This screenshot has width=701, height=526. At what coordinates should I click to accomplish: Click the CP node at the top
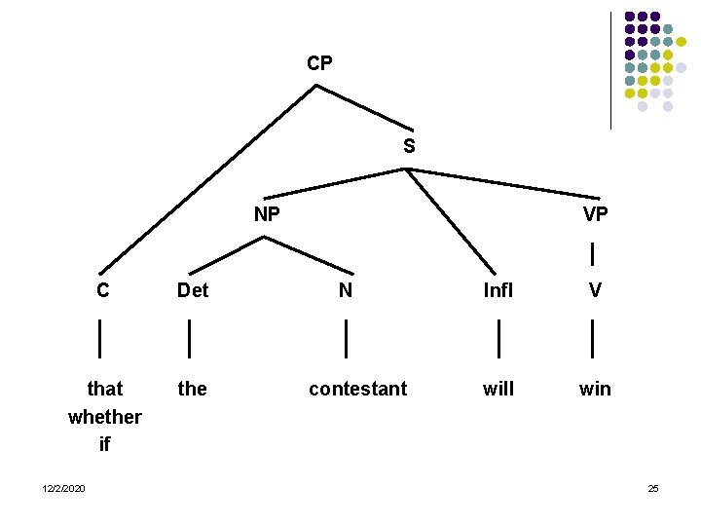[x=319, y=64]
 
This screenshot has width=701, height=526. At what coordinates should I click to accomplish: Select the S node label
[x=409, y=147]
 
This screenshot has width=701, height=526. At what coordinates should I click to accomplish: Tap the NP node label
[x=267, y=214]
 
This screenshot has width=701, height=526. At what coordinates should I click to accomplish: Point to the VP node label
[x=596, y=214]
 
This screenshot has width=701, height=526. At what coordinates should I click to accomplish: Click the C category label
[x=102, y=289]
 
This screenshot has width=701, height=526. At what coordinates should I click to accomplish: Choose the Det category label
[x=193, y=289]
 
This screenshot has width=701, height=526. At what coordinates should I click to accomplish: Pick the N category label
[x=346, y=289]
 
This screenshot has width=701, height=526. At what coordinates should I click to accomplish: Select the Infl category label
[x=498, y=289]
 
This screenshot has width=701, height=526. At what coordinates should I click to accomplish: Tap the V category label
[x=595, y=289]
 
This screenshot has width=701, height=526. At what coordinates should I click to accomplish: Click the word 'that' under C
[x=105, y=389]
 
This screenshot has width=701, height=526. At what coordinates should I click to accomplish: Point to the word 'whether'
[x=105, y=417]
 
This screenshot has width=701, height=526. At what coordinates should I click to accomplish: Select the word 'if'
[x=105, y=445]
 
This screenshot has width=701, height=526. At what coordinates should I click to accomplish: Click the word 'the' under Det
[x=193, y=389]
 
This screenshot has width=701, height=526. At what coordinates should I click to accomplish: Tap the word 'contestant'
[x=357, y=389]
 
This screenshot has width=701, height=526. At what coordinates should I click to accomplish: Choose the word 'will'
[x=498, y=389]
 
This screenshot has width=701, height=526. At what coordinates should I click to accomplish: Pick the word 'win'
[x=595, y=389]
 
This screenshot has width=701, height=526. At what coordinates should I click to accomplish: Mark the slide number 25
[x=653, y=487]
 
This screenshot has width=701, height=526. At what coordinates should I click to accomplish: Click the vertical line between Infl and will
[x=498, y=338]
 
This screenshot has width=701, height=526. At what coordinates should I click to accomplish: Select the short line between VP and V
[x=594, y=253]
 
